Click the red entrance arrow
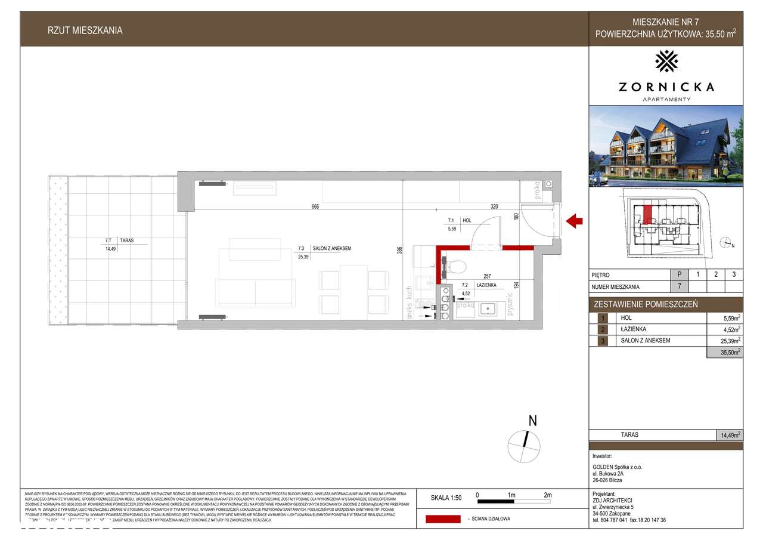tap(574, 222)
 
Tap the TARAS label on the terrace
tap(126, 241)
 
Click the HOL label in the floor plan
tap(467, 220)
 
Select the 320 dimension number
tap(494, 206)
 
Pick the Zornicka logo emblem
tap(666, 61)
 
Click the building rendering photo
tap(666, 146)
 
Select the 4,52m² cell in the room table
tap(731, 329)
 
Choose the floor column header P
tap(680, 275)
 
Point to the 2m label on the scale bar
tap(547, 495)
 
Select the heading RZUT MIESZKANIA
tap(85, 30)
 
